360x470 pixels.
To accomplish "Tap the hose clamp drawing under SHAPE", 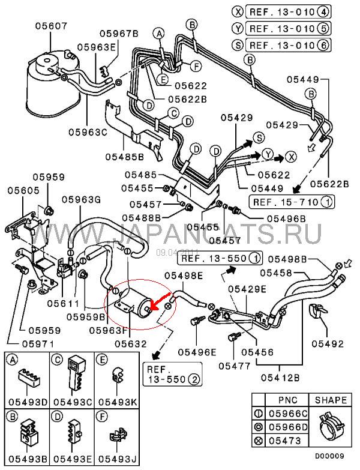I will pos(329,425).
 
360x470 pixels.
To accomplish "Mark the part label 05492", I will pos(328,344).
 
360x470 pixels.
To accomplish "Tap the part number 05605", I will pos(23,190).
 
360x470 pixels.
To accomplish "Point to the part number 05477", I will pos(233,365).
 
